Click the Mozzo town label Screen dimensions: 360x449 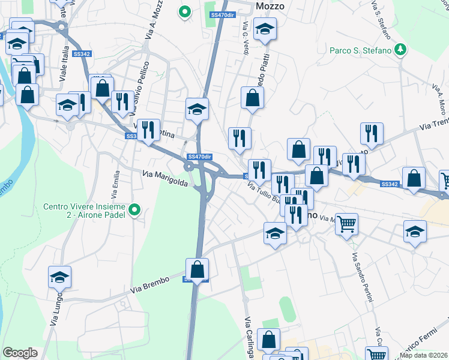270,6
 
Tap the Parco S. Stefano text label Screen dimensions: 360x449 360,50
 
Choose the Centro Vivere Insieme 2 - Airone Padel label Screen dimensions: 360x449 84,212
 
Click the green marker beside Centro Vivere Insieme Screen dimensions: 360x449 134,209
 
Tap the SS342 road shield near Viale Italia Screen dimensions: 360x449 82,54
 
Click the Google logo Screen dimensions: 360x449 20,353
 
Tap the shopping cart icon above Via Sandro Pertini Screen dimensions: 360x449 346,224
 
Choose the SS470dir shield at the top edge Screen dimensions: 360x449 222,14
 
